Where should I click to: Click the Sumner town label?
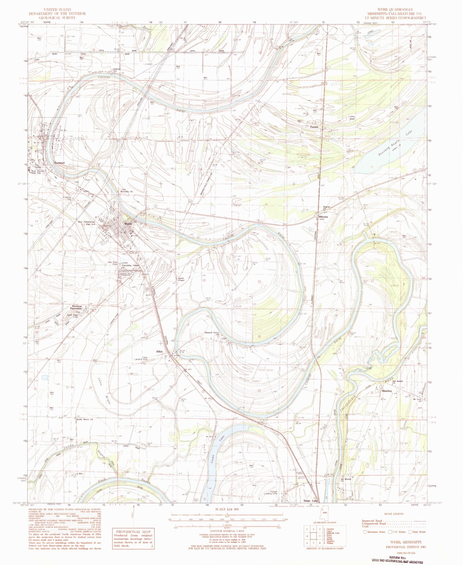(59, 163)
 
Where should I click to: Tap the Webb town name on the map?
(128, 224)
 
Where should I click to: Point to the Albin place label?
(159, 351)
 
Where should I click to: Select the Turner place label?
(314, 127)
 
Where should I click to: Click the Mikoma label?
(323, 217)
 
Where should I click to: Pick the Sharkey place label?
(387, 391)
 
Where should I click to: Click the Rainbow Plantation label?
(77, 307)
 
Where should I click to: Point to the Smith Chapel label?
(181, 279)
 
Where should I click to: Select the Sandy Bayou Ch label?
(84, 419)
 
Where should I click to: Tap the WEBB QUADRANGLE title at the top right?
(392, 10)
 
